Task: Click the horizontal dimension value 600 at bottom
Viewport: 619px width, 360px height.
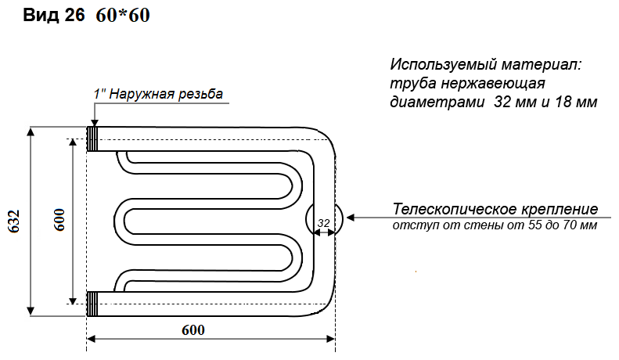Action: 193,329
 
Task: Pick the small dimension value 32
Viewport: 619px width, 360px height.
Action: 323,224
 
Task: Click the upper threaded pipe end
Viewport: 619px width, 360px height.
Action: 93,139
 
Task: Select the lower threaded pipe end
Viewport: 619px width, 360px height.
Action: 93,303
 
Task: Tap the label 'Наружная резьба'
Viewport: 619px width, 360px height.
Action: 167,94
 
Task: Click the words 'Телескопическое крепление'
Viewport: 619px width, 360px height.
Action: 495,210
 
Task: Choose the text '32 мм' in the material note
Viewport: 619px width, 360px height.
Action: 513,103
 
